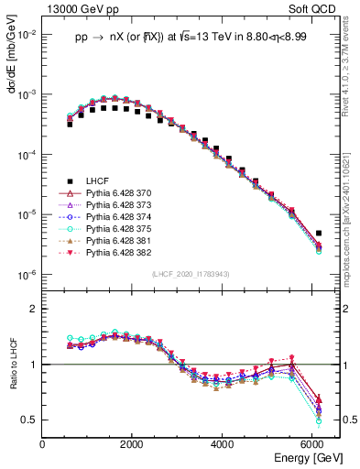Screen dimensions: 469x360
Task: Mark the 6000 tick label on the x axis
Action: pos(311,444)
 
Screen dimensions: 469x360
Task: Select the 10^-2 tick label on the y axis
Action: pos(27,35)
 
